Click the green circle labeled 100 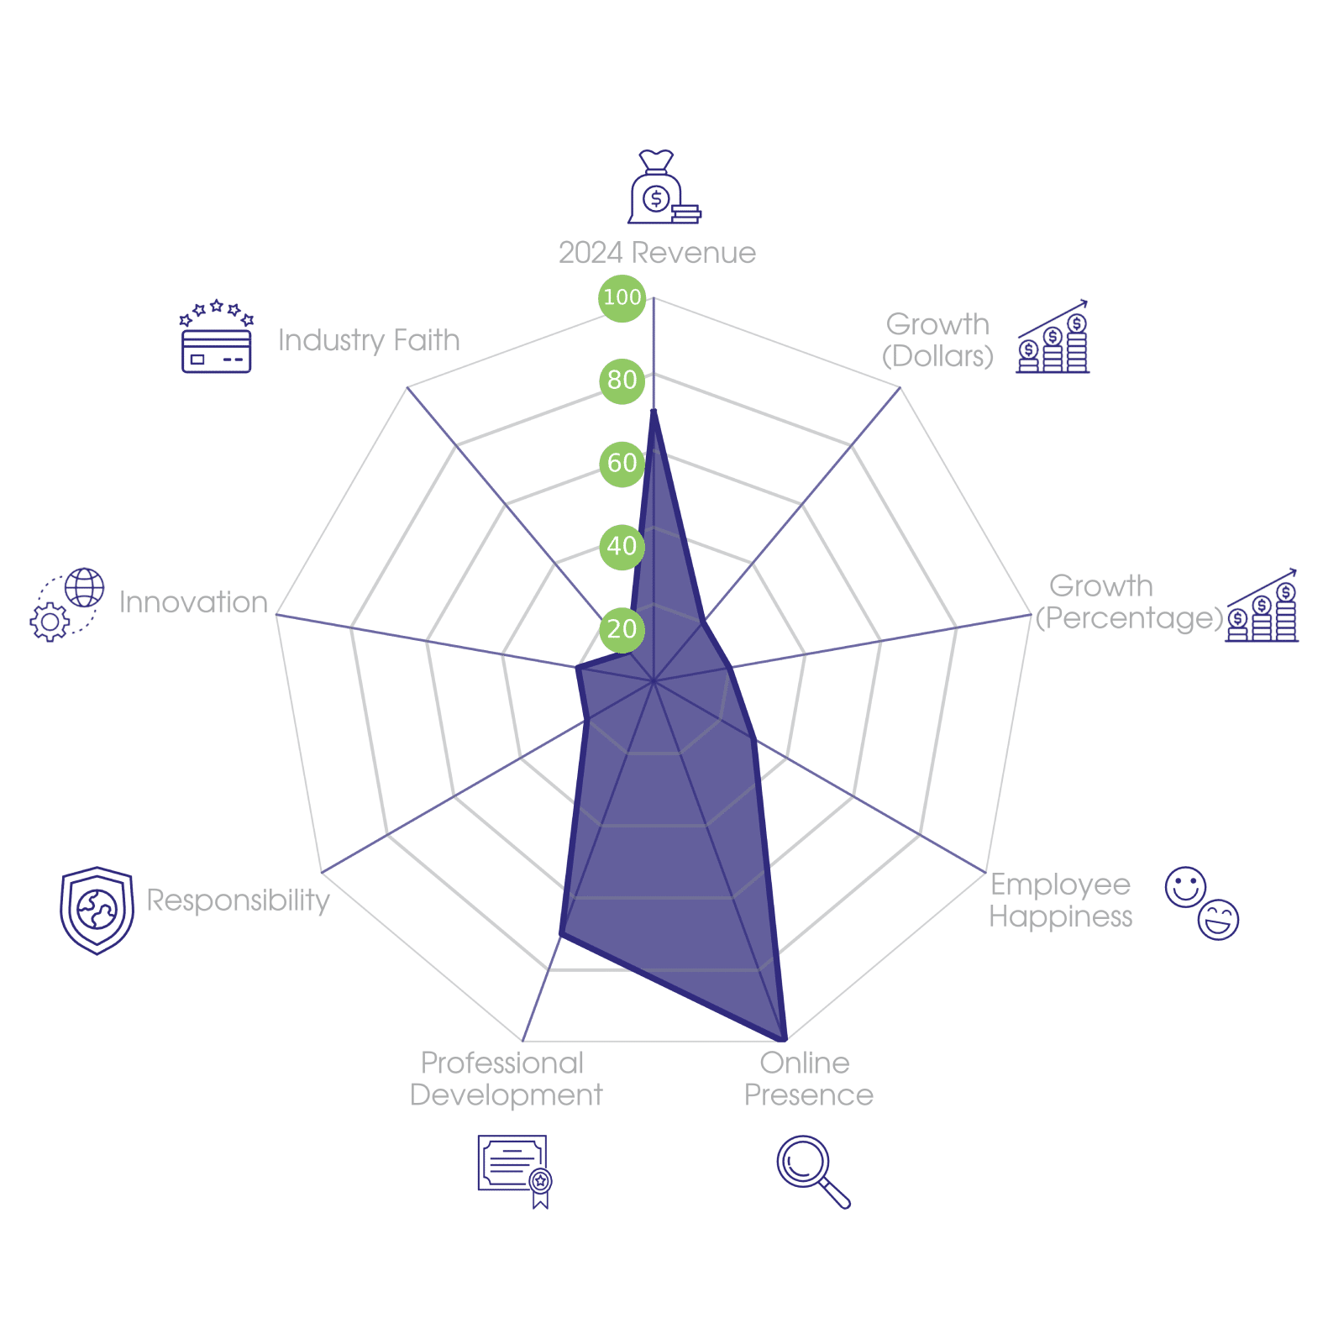622,297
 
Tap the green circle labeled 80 622,380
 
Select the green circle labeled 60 622,463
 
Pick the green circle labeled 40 622,546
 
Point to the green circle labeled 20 622,628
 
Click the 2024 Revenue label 657,253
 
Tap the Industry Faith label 369,340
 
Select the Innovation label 193,602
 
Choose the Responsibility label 238,900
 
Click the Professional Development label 506,1079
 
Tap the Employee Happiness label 1060,900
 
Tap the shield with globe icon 97,910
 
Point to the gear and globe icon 67,605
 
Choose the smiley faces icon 1202,903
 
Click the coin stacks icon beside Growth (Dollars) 1053,338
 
